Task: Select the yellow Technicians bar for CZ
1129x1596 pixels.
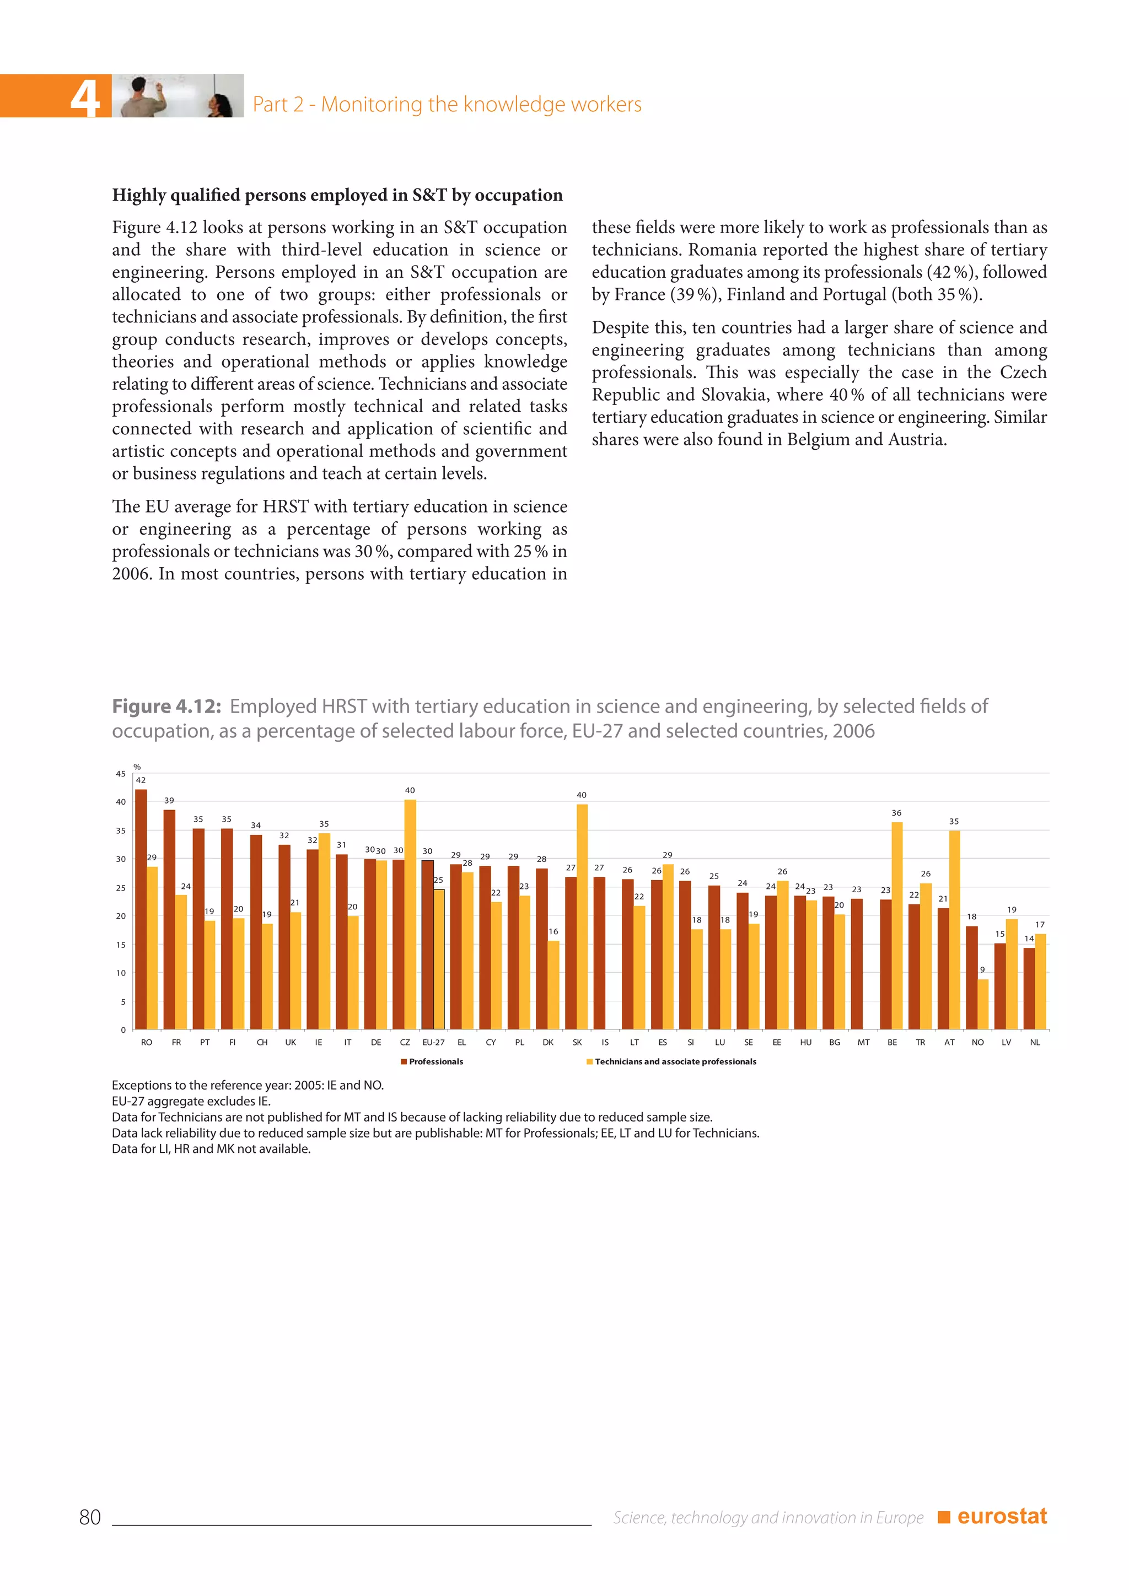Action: coord(410,914)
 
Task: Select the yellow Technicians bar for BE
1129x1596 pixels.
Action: coord(897,925)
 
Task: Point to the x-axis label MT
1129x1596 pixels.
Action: coord(863,1042)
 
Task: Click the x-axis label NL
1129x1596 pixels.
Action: coord(1034,1042)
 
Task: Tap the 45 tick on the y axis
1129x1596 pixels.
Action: coord(121,774)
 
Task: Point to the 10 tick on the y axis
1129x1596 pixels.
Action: coord(121,973)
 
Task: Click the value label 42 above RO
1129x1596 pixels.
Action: coord(141,780)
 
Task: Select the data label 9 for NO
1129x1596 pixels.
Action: coord(982,970)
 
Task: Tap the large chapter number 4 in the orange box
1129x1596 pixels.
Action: coord(85,98)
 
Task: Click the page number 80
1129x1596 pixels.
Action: coord(90,1517)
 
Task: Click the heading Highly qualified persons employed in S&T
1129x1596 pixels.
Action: coord(337,195)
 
